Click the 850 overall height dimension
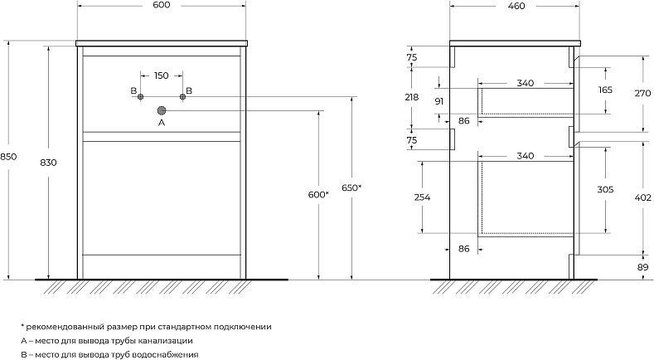pos(8,157)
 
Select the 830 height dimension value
pos(48,163)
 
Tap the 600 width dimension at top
pos(162,5)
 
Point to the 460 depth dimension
pos(516,6)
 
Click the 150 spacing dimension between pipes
pos(162,75)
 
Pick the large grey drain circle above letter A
pos(162,110)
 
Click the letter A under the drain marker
pos(162,123)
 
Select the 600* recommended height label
pos(318,195)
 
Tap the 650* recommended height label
pos(351,188)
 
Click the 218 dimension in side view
pos(412,97)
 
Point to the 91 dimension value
pos(438,101)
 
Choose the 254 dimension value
pos(422,197)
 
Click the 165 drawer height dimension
pos(605,90)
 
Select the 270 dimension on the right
pos(642,94)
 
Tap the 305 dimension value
pos(605,190)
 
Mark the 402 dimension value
pos(642,197)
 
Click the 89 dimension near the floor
pos(643,267)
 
